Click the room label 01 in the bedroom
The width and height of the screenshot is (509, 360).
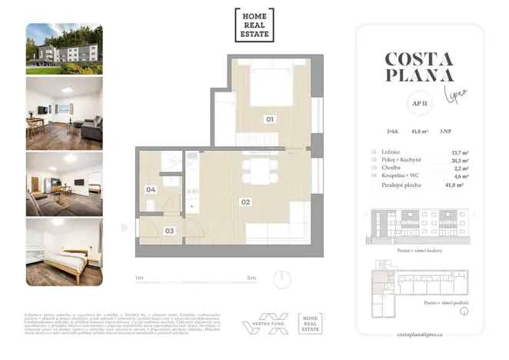(x=270, y=119)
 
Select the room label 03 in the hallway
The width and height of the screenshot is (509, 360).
(x=169, y=230)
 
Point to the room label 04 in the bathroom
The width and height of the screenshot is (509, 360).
(x=151, y=189)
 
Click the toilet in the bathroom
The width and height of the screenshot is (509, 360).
(x=151, y=205)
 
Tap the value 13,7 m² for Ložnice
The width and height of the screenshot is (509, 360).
(x=460, y=153)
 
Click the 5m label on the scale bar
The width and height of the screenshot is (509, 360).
(x=251, y=277)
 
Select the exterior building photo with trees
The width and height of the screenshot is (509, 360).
(x=64, y=48)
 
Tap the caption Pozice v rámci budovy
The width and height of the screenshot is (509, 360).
(x=419, y=251)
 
